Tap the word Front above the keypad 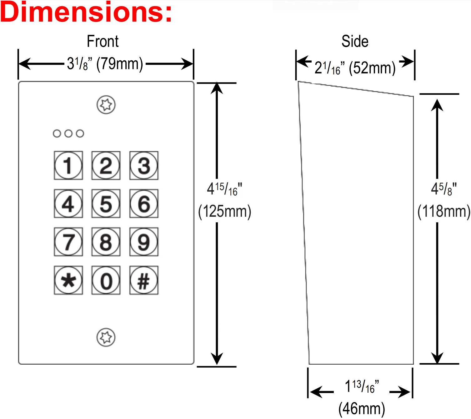[103, 41]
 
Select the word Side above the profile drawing [355, 41]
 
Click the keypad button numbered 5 [106, 204]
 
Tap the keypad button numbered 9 [144, 242]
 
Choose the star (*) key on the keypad [68, 280]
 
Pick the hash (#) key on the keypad [144, 280]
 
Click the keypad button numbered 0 [106, 280]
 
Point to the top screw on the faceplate [106, 105]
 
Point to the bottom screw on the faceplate [106, 337]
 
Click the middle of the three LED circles [68, 134]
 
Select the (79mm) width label [120, 64]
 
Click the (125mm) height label [225, 211]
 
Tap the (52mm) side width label [372, 68]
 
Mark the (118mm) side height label [444, 211]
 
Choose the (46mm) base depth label [362, 408]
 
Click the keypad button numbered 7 [68, 242]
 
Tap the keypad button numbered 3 [144, 165]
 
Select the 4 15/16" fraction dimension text [224, 189]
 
